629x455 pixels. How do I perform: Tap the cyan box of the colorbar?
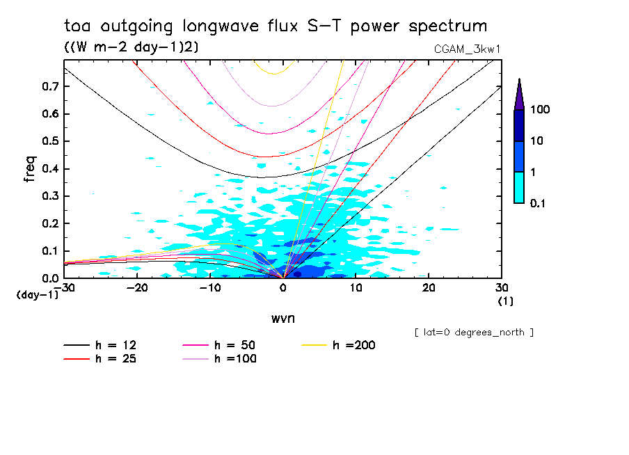(x=519, y=187)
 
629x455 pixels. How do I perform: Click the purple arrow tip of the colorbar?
(x=519, y=94)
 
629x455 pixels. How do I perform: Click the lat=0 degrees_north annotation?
(x=474, y=333)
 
